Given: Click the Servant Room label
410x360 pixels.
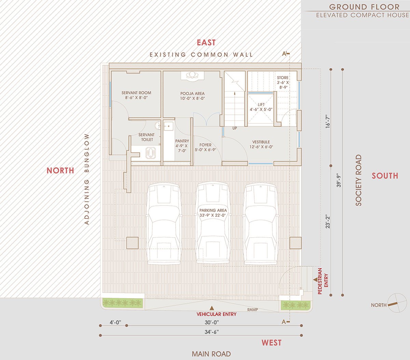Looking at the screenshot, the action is click(x=136, y=95).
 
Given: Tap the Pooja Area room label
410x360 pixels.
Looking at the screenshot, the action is click(x=192, y=96).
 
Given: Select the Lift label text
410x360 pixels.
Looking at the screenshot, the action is click(x=261, y=107).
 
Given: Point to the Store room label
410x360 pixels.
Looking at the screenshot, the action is click(x=283, y=82).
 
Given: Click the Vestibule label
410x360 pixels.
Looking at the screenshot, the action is click(x=261, y=144).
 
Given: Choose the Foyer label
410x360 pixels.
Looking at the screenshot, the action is click(x=205, y=147).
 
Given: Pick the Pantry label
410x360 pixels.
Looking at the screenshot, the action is click(x=182, y=146).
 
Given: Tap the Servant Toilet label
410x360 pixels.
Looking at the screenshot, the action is click(x=147, y=137).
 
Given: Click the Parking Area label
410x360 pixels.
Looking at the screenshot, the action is click(x=213, y=213).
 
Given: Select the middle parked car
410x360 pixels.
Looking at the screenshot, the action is click(x=213, y=224).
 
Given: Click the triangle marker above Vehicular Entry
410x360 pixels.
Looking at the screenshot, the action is click(x=212, y=308).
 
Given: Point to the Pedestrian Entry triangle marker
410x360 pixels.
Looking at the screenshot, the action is click(x=315, y=280).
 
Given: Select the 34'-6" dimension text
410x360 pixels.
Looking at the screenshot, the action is click(x=212, y=332).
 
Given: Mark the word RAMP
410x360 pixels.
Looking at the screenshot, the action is click(x=252, y=310).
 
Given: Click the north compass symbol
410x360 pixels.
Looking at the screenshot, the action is click(x=397, y=303).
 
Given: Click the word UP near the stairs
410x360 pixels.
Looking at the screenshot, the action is click(x=234, y=128).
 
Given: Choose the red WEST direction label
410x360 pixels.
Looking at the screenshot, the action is click(x=271, y=343).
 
